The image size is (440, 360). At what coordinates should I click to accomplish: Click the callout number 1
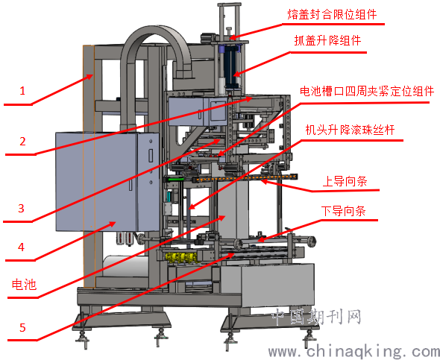point(22,91)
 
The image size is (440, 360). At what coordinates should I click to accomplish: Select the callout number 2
point(22,142)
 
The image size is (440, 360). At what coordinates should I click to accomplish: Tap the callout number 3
point(22,208)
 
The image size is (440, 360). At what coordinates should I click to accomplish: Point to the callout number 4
point(22,247)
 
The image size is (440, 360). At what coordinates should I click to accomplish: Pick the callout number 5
point(22,327)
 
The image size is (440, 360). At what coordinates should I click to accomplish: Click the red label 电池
point(24,285)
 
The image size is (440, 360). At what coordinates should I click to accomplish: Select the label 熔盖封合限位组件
point(332,14)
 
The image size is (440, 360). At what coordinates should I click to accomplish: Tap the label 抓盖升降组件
point(327,41)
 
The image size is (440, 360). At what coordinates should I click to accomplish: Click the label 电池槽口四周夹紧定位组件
point(367,92)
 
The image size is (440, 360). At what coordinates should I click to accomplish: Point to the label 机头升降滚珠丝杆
point(350,130)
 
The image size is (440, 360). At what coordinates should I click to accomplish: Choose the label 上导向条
point(345,181)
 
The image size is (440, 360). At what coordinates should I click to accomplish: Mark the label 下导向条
point(344,211)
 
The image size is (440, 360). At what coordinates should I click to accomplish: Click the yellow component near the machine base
point(181,257)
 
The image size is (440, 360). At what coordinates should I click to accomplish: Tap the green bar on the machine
point(175,179)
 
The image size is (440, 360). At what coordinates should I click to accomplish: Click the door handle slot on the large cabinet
point(151,156)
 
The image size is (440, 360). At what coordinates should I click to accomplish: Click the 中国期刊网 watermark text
point(316,317)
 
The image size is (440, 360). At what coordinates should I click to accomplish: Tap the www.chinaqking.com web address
point(354,351)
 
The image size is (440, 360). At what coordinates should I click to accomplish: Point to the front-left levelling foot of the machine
point(83,338)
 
